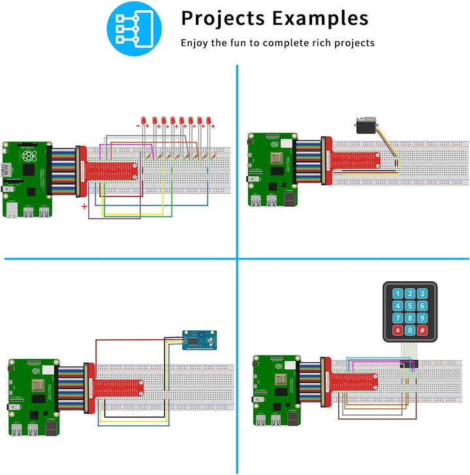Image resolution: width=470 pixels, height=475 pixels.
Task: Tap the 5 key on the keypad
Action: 409,307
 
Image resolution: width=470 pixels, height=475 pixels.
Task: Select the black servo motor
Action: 366,124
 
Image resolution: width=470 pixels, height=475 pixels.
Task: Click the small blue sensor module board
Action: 196,339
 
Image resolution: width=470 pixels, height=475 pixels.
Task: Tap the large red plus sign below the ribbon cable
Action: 84,207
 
